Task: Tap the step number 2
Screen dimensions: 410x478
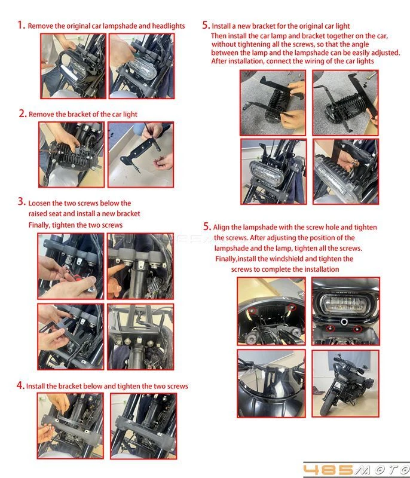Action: (23, 114)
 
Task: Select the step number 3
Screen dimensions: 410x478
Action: (22, 201)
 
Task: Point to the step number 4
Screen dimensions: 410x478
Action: (20, 385)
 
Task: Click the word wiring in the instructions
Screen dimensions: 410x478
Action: (311, 61)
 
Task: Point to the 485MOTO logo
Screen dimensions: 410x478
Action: (356, 470)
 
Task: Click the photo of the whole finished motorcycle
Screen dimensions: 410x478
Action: (345, 384)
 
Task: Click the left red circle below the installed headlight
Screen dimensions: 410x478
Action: (330, 328)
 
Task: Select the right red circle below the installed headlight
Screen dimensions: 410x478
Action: (357, 329)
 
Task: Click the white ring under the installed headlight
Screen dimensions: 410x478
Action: (344, 321)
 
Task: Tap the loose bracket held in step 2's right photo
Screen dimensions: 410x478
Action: (141, 151)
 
